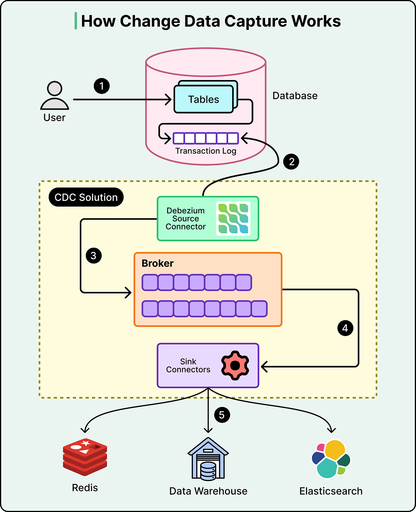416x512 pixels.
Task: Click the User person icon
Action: point(55,96)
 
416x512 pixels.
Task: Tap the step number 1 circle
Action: point(101,86)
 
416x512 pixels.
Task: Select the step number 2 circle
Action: point(291,162)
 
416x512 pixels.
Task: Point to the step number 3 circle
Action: point(93,256)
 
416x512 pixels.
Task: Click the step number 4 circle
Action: point(345,328)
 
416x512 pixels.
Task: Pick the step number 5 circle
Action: point(222,415)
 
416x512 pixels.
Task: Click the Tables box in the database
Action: point(203,99)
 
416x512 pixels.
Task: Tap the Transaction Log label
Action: point(206,151)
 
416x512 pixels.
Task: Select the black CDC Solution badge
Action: point(86,197)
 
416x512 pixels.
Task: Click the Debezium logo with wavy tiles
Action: point(233,219)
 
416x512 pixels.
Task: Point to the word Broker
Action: point(157,263)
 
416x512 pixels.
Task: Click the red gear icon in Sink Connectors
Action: point(235,365)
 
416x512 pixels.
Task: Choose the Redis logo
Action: point(85,457)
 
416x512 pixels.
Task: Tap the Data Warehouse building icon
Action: point(208,459)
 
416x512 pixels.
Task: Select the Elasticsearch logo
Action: point(331,459)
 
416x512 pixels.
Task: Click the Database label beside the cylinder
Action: point(295,96)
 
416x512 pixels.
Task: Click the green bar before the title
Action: point(76,21)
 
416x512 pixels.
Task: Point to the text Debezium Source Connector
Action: point(186,219)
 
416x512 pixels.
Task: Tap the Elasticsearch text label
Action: point(331,491)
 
